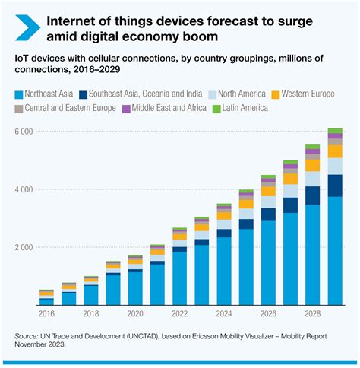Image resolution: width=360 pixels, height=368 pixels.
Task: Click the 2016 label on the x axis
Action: pyautogui.click(x=46, y=313)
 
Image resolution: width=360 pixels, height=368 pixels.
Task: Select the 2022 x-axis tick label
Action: pyautogui.click(x=179, y=313)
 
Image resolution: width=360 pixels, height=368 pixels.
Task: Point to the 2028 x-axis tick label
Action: pyautogui.click(x=313, y=313)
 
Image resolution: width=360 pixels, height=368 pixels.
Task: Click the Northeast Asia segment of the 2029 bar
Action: pyautogui.click(x=335, y=251)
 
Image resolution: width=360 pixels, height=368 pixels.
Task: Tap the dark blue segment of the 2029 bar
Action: pyautogui.click(x=335, y=186)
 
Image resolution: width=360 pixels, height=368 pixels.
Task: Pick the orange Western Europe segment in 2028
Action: pyautogui.click(x=313, y=165)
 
